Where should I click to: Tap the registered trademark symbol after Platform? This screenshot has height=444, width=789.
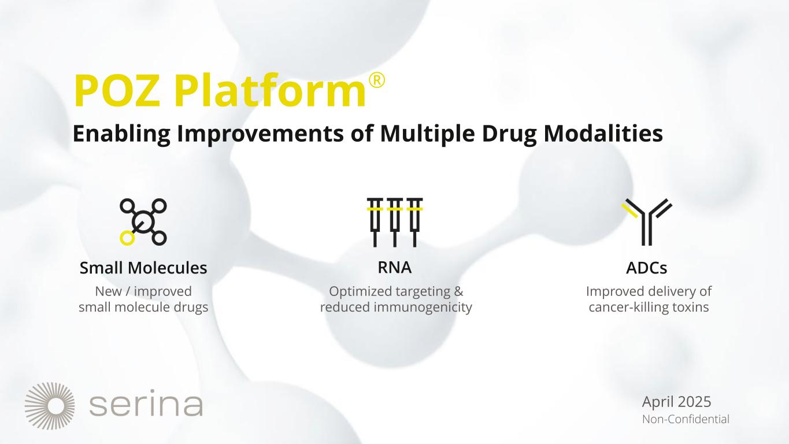pos(376,83)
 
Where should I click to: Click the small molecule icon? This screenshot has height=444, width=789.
pos(143,221)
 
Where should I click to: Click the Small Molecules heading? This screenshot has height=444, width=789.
pos(143,268)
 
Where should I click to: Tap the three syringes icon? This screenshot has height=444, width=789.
pos(395,221)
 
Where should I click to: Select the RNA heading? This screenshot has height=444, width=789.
pos(394,268)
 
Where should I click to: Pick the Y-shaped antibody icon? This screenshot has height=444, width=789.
pos(647,221)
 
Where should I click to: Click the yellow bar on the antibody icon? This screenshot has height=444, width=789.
pos(629,209)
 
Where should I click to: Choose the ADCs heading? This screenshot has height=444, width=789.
pos(647,268)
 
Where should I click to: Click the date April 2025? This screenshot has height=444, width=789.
pos(676,401)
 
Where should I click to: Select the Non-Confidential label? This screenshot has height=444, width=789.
pos(686,419)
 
